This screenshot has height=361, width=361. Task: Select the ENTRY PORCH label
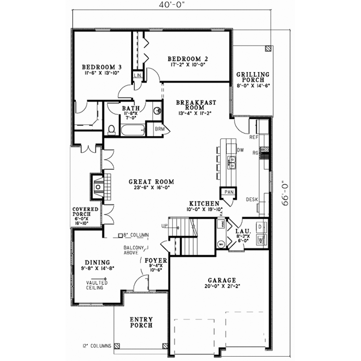pos(141,322)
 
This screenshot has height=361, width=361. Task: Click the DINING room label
pos(97,262)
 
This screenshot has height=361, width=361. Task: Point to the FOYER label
pos(156,261)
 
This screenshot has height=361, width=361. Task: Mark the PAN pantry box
pos(229,192)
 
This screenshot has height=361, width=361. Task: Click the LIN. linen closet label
pos(138,75)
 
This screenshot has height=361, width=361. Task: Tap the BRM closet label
pos(159,129)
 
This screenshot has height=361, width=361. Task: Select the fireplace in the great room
pos(97,186)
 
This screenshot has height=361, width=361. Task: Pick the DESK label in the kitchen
pos(251,199)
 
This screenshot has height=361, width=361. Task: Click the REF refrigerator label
pos(253,137)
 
